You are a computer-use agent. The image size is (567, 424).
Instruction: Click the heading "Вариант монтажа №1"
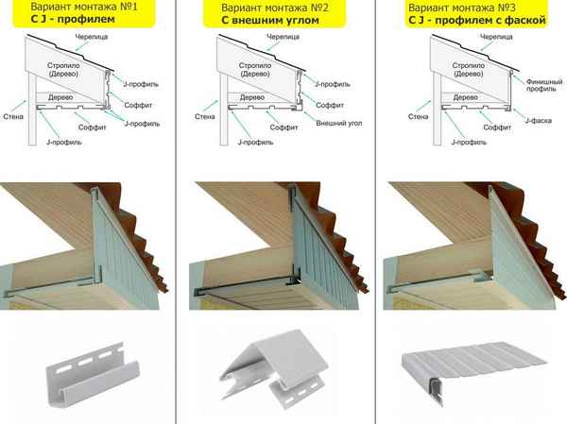click(84, 7)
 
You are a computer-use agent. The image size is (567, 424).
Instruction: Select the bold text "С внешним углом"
click(270, 20)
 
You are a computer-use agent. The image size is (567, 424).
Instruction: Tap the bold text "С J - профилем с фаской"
click(477, 20)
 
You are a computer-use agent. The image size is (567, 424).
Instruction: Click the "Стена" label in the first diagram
click(13, 116)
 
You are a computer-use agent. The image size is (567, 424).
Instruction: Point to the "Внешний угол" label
click(339, 124)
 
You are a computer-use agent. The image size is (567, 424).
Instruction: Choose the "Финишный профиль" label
click(544, 85)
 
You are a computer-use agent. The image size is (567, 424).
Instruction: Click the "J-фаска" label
click(538, 121)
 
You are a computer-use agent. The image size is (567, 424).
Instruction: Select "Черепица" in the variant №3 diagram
click(496, 37)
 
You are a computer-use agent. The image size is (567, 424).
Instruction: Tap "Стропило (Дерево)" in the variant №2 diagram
click(255, 69)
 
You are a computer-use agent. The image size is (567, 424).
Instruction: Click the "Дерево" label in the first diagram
click(60, 97)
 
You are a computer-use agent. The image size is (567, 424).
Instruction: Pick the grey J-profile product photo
click(93, 375)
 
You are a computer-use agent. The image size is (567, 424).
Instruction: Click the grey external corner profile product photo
click(274, 368)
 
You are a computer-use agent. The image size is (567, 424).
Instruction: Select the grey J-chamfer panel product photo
click(474, 371)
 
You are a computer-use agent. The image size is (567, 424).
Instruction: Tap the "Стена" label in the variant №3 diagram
click(418, 116)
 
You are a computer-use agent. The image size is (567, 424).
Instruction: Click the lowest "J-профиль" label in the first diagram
click(64, 142)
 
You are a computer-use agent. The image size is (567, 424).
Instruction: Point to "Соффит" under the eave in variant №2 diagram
click(283, 127)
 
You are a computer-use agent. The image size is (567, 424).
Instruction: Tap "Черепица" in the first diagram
click(92, 37)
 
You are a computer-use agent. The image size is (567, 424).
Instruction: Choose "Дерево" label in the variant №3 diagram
click(465, 97)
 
